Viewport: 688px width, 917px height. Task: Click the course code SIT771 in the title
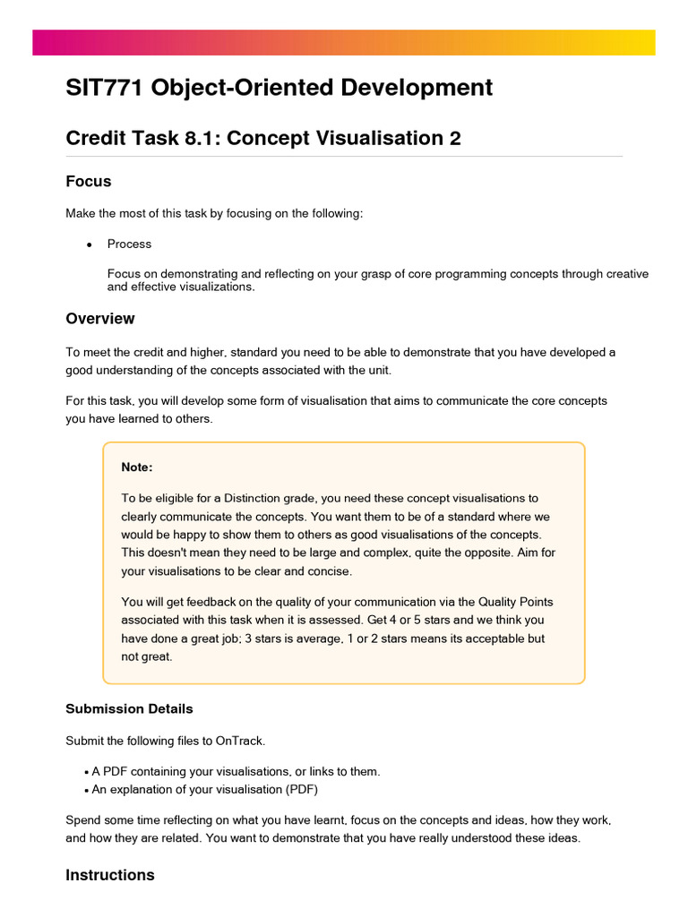point(105,88)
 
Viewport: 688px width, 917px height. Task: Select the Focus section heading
point(89,182)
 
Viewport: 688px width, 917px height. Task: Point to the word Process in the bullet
point(129,244)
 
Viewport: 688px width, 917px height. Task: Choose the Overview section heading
point(100,319)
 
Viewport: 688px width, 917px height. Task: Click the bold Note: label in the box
point(137,467)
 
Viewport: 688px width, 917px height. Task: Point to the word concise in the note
point(331,570)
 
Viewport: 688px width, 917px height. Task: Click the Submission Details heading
point(129,708)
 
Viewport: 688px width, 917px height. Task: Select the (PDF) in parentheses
point(301,790)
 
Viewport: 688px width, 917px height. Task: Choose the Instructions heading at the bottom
point(109,875)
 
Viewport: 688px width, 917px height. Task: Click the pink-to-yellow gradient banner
point(344,42)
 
